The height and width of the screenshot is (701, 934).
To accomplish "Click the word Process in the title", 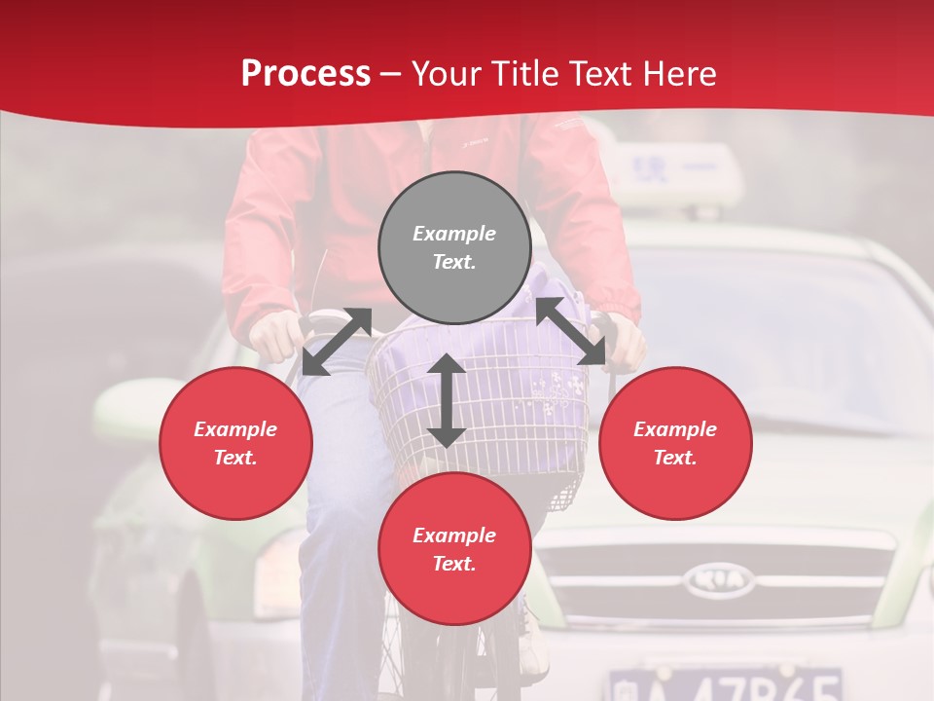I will pos(305,74).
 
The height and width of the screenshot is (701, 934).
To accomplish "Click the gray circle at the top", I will pos(454,247).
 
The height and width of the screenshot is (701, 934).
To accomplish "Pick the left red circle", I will pos(235,443).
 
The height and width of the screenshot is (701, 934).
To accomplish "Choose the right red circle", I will pos(675,443).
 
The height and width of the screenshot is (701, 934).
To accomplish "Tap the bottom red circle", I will pos(454,549).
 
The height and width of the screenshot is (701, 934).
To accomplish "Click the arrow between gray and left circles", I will pos(337,341).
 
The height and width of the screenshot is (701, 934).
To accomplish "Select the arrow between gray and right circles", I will pos(571,331).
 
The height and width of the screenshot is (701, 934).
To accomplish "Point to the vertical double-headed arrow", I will pos(447,400).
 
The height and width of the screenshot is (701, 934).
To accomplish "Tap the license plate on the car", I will pos(724,683).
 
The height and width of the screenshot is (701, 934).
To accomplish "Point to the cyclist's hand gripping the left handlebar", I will pos(277,336).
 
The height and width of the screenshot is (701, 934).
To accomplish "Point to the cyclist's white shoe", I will pos(533,643).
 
